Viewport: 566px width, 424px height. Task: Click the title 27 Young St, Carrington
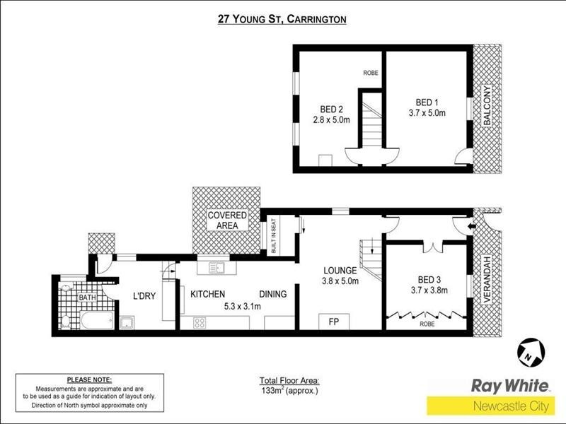point(282,20)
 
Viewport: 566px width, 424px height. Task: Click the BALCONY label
point(487,106)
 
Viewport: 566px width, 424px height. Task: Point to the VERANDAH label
point(485,280)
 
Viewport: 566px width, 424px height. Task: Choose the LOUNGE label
point(340,270)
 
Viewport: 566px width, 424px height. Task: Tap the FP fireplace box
point(334,321)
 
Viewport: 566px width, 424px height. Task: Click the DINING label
point(272,294)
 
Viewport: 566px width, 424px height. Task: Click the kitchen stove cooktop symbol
point(200,324)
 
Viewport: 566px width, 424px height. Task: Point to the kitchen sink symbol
point(216,268)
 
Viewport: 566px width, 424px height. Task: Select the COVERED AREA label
point(226,220)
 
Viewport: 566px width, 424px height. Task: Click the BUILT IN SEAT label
point(274,236)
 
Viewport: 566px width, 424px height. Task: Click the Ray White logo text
point(509,386)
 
